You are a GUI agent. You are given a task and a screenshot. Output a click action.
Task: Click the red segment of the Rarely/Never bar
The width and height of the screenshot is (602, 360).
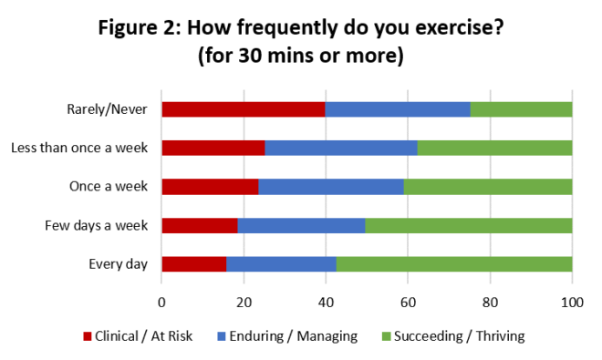tap(244, 109)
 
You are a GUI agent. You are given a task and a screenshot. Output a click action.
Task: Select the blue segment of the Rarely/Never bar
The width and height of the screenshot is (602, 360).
tap(398, 109)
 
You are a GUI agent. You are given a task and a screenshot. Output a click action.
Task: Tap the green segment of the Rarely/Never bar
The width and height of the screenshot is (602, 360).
tap(521, 109)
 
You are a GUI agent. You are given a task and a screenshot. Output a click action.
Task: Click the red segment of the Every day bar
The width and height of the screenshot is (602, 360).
tap(193, 264)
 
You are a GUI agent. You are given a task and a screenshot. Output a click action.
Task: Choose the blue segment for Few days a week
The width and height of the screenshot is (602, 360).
tap(301, 226)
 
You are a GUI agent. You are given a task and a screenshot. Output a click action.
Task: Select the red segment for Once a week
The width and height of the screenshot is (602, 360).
tap(210, 187)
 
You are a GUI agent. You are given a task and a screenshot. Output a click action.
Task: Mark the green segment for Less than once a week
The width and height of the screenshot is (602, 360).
tap(494, 148)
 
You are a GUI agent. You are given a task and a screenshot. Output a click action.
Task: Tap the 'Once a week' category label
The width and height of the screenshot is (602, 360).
tap(109, 187)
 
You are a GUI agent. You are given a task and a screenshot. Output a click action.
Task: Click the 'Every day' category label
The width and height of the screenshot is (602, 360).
tap(119, 264)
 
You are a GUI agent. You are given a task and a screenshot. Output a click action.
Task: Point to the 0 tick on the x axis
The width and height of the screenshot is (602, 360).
tap(161, 303)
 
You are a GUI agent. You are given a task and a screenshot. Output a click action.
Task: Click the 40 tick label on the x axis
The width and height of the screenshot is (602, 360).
tap(326, 303)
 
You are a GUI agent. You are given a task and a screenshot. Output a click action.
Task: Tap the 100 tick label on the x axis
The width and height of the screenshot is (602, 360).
tap(572, 303)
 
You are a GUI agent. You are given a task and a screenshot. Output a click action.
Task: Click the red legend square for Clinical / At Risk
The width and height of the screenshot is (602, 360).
tap(88, 336)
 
